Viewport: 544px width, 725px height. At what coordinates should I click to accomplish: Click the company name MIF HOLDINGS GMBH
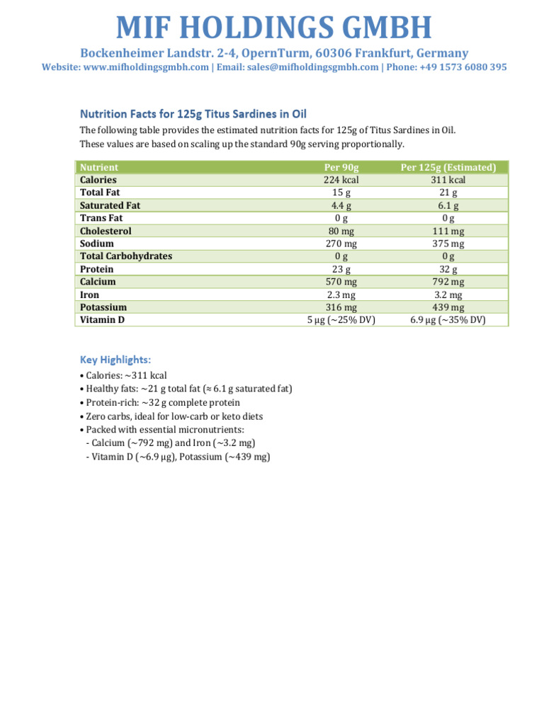[273, 27]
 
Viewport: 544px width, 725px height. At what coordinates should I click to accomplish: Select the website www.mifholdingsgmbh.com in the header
[146, 67]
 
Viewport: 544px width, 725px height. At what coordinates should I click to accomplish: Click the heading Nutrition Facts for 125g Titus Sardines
[193, 113]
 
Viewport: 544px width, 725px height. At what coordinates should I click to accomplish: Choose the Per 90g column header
[341, 167]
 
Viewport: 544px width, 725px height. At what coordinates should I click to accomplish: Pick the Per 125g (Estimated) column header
[448, 167]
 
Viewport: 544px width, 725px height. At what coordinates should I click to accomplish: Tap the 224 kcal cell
[341, 180]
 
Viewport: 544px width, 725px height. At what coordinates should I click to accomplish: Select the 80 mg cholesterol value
[341, 231]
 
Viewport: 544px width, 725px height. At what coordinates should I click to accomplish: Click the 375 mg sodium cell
[448, 244]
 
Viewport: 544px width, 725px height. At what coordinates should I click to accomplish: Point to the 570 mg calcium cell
[341, 282]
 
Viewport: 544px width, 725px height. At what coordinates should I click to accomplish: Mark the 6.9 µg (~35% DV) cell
[448, 320]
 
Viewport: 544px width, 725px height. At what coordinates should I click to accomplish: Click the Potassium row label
[103, 307]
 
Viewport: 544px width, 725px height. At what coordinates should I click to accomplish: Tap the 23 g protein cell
[341, 269]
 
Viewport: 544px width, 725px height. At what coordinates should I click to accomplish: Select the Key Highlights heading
[115, 360]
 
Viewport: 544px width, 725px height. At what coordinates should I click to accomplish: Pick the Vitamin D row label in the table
[102, 320]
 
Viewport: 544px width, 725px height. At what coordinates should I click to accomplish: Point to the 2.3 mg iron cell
[341, 295]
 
